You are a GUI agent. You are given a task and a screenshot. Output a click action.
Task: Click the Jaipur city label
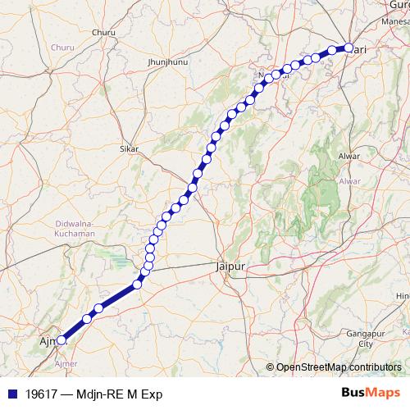pyautogui.click(x=229, y=266)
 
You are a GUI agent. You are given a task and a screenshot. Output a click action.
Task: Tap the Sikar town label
pyautogui.click(x=129, y=149)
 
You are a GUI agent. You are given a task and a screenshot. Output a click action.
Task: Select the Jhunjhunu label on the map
pyautogui.click(x=162, y=62)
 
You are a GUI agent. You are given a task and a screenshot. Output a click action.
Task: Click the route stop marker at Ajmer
pyautogui.click(x=61, y=340)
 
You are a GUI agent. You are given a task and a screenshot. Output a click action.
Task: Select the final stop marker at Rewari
pyautogui.click(x=348, y=48)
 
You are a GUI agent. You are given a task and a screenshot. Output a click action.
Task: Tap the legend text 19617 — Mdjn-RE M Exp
pyautogui.click(x=91, y=394)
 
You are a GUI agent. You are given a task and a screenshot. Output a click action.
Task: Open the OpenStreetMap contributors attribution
pyautogui.click(x=338, y=367)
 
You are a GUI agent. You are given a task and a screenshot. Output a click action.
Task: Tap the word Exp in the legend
pyautogui.click(x=152, y=394)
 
